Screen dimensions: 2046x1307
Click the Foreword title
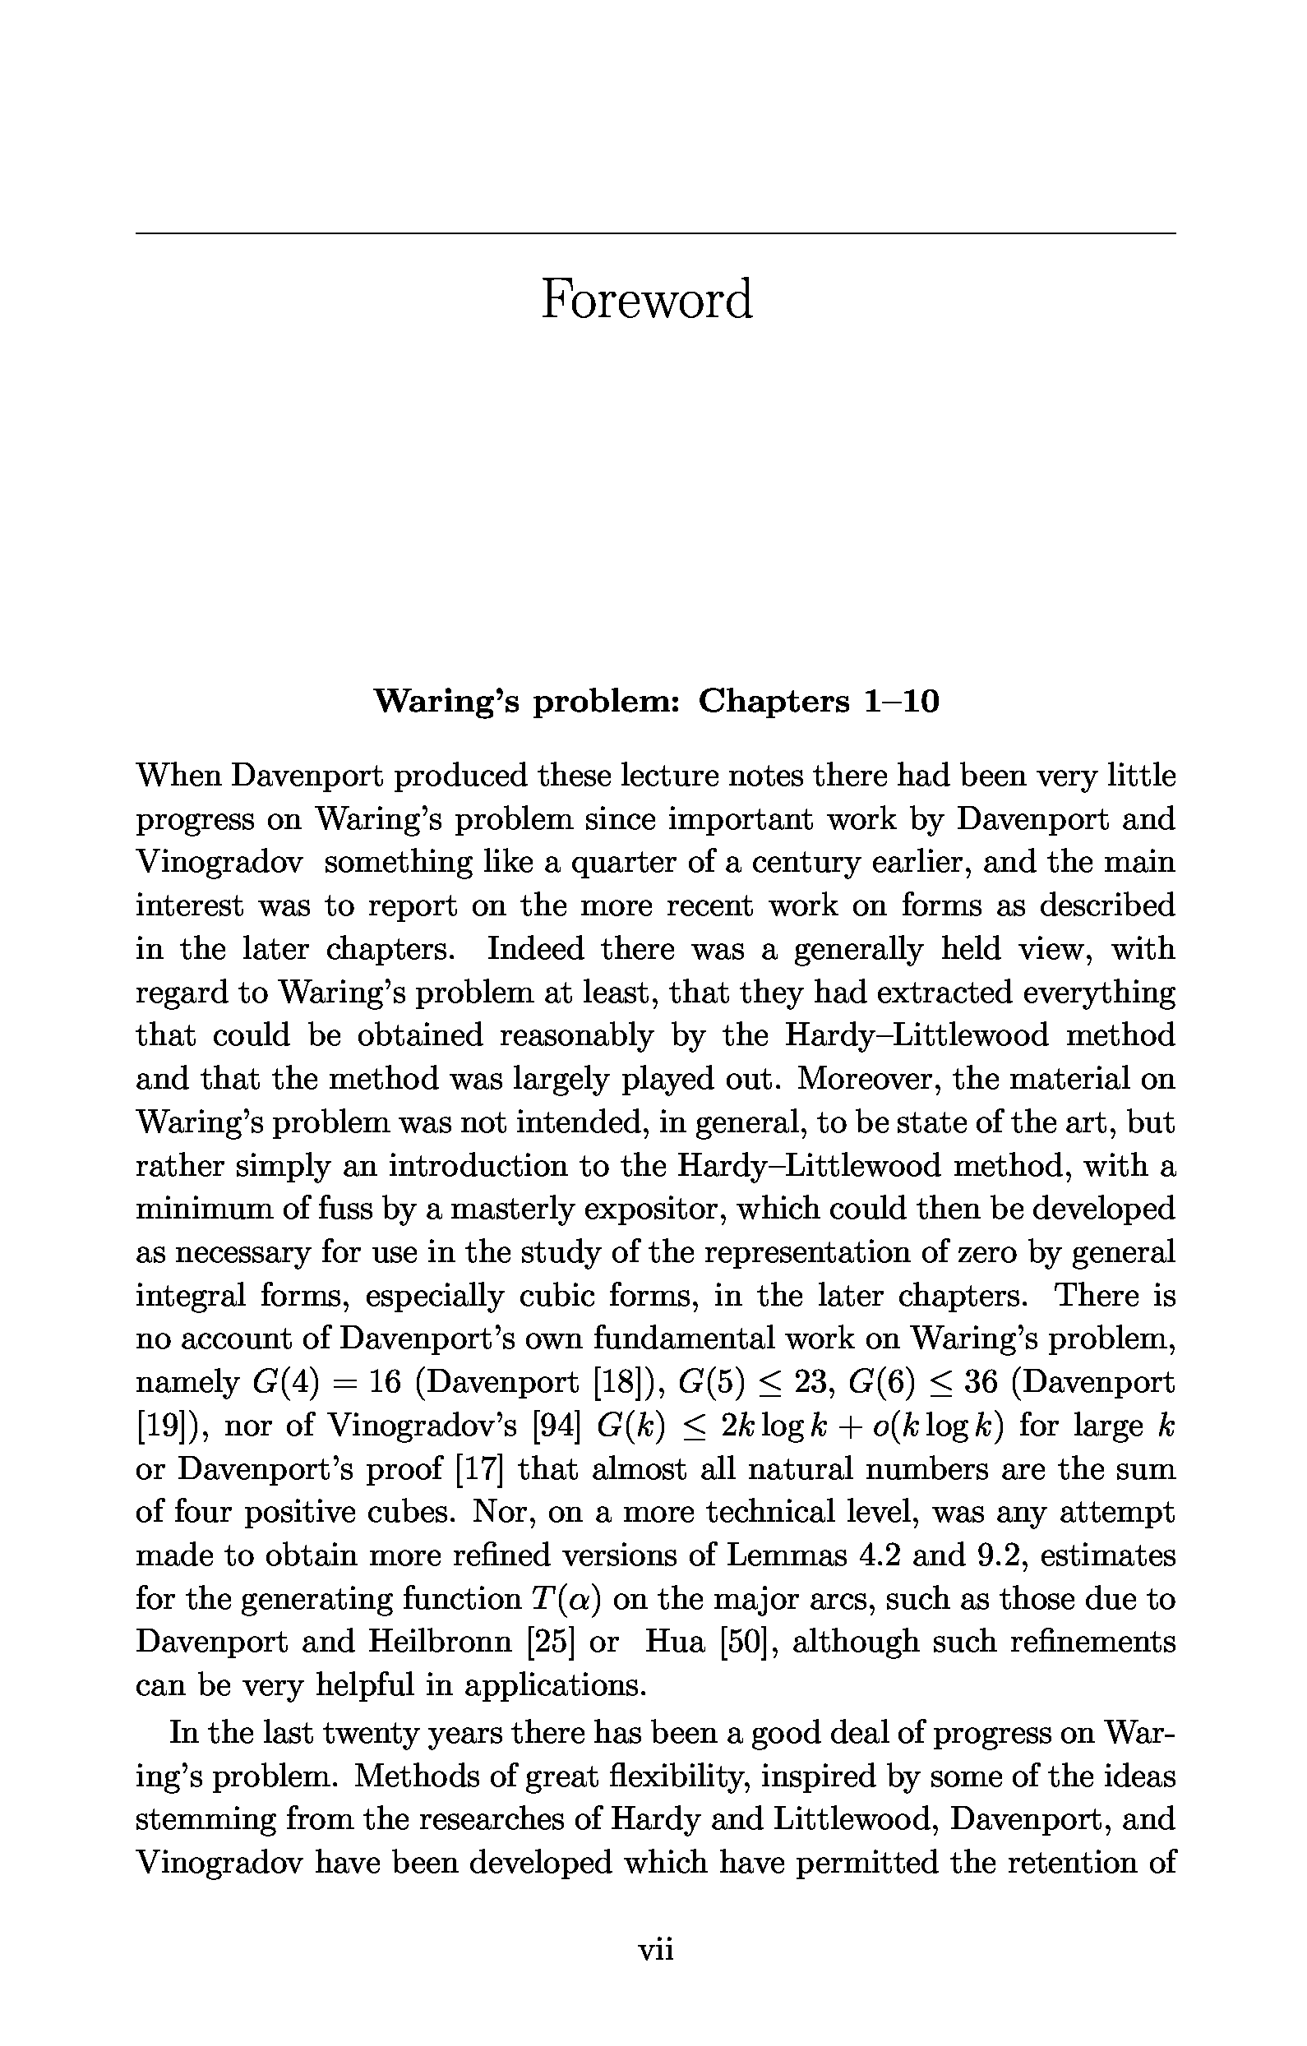(x=647, y=300)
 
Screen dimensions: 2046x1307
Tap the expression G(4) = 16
(x=326, y=1383)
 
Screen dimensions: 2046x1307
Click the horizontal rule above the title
(x=655, y=233)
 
